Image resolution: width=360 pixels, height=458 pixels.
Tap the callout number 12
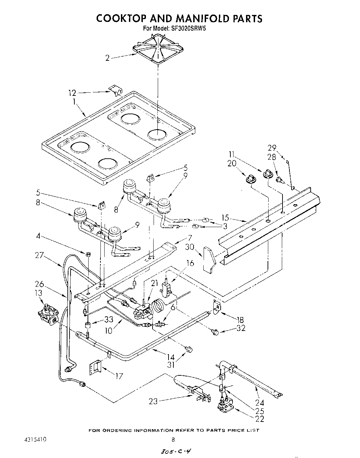click(x=72, y=93)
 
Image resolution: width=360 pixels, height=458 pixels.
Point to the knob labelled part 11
click(x=268, y=173)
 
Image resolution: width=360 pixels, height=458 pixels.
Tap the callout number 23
click(x=153, y=401)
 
